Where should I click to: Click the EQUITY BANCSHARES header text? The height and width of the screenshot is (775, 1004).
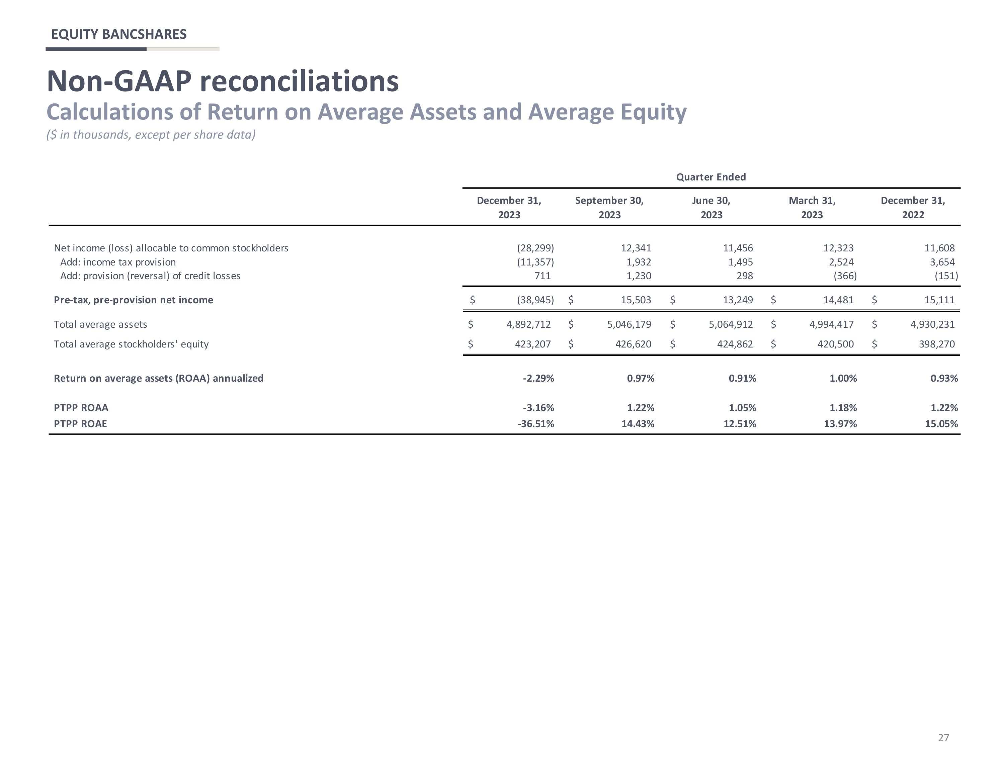tap(118, 34)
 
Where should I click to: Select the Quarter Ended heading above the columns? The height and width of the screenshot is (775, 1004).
tap(711, 177)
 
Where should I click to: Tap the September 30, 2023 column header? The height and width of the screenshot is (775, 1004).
tap(609, 208)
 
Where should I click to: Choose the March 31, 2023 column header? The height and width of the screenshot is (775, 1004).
tap(812, 208)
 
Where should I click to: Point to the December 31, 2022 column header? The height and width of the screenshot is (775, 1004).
tap(913, 208)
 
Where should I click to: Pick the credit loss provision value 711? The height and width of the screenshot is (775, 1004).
tap(542, 276)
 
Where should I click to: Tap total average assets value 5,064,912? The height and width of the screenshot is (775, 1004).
tap(731, 324)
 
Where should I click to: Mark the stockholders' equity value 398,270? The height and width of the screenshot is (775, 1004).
tap(936, 344)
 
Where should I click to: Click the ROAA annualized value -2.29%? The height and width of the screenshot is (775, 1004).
tap(538, 378)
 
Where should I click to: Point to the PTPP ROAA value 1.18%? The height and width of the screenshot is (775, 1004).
tap(843, 407)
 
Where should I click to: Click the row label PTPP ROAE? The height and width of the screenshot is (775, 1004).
tap(80, 423)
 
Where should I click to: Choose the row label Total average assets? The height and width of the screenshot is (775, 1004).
tap(100, 324)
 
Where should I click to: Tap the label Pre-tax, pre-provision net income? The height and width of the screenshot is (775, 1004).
tap(133, 300)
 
